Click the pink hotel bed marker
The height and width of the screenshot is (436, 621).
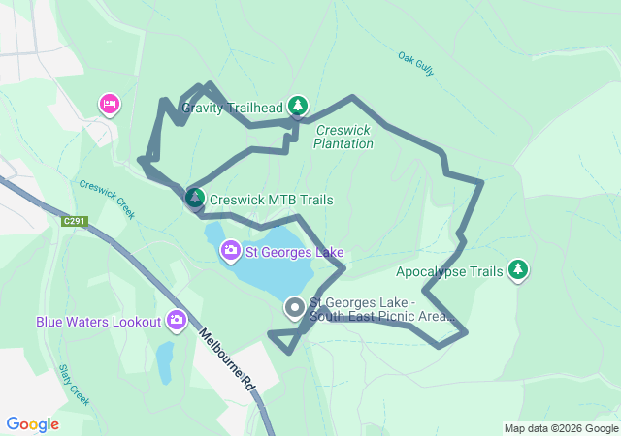(x=109, y=104)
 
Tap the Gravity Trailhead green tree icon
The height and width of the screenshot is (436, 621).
(x=298, y=106)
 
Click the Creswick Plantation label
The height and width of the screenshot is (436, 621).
(x=343, y=137)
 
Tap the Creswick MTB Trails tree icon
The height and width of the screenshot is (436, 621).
(x=195, y=199)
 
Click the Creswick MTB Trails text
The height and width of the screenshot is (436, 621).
(x=271, y=200)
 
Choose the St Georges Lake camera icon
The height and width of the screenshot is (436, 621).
(x=231, y=252)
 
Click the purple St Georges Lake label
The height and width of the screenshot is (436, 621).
(x=294, y=253)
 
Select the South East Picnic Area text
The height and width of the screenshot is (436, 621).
(x=382, y=309)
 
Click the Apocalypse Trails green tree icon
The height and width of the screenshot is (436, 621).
(x=518, y=270)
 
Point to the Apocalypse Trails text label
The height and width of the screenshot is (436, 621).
(x=449, y=272)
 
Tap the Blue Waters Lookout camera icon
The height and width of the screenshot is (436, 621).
(x=177, y=320)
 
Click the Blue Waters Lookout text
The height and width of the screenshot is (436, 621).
(x=98, y=321)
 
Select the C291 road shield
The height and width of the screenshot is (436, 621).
(x=75, y=222)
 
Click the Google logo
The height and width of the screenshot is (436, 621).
(x=33, y=424)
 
